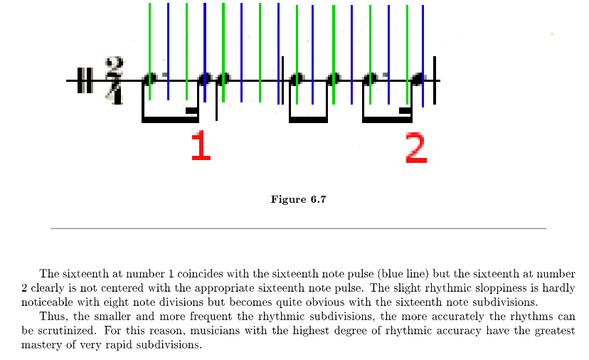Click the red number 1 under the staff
tap(201, 145)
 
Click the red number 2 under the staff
tap(416, 147)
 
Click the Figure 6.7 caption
tap(298, 198)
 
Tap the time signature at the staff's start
tap(114, 80)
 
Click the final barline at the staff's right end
tap(435, 80)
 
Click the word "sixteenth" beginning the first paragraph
tap(85, 273)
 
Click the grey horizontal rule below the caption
tap(298, 228)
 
